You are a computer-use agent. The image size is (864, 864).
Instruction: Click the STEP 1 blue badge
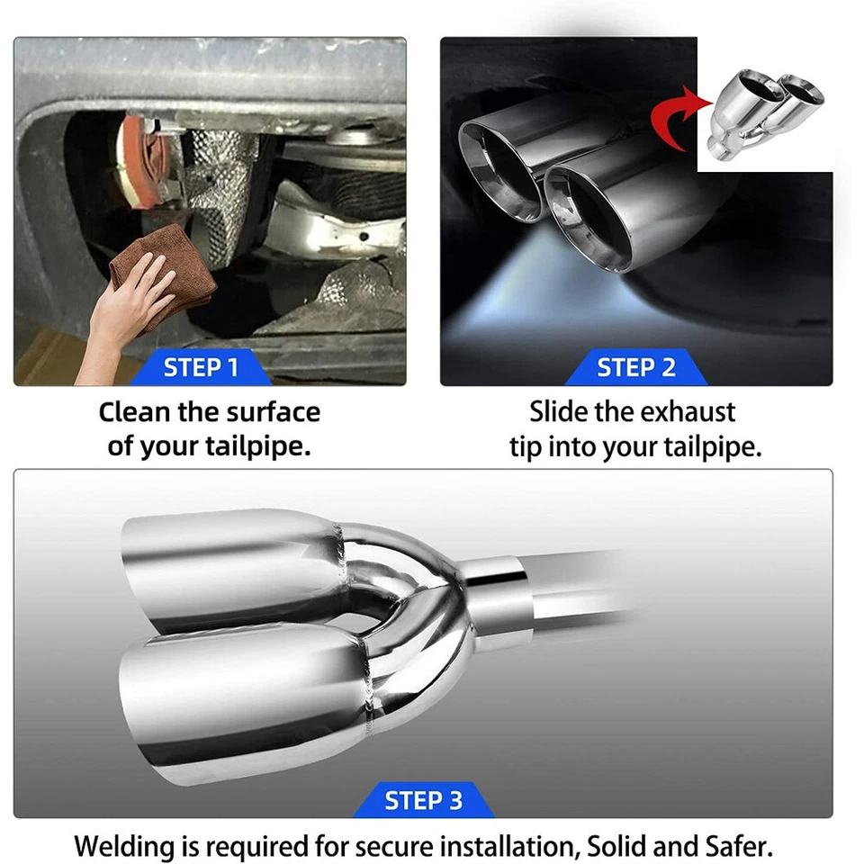coord(201,367)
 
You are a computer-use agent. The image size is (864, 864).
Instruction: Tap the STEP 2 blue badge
coord(635,367)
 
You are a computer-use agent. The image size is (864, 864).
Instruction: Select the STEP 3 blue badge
coord(423,800)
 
